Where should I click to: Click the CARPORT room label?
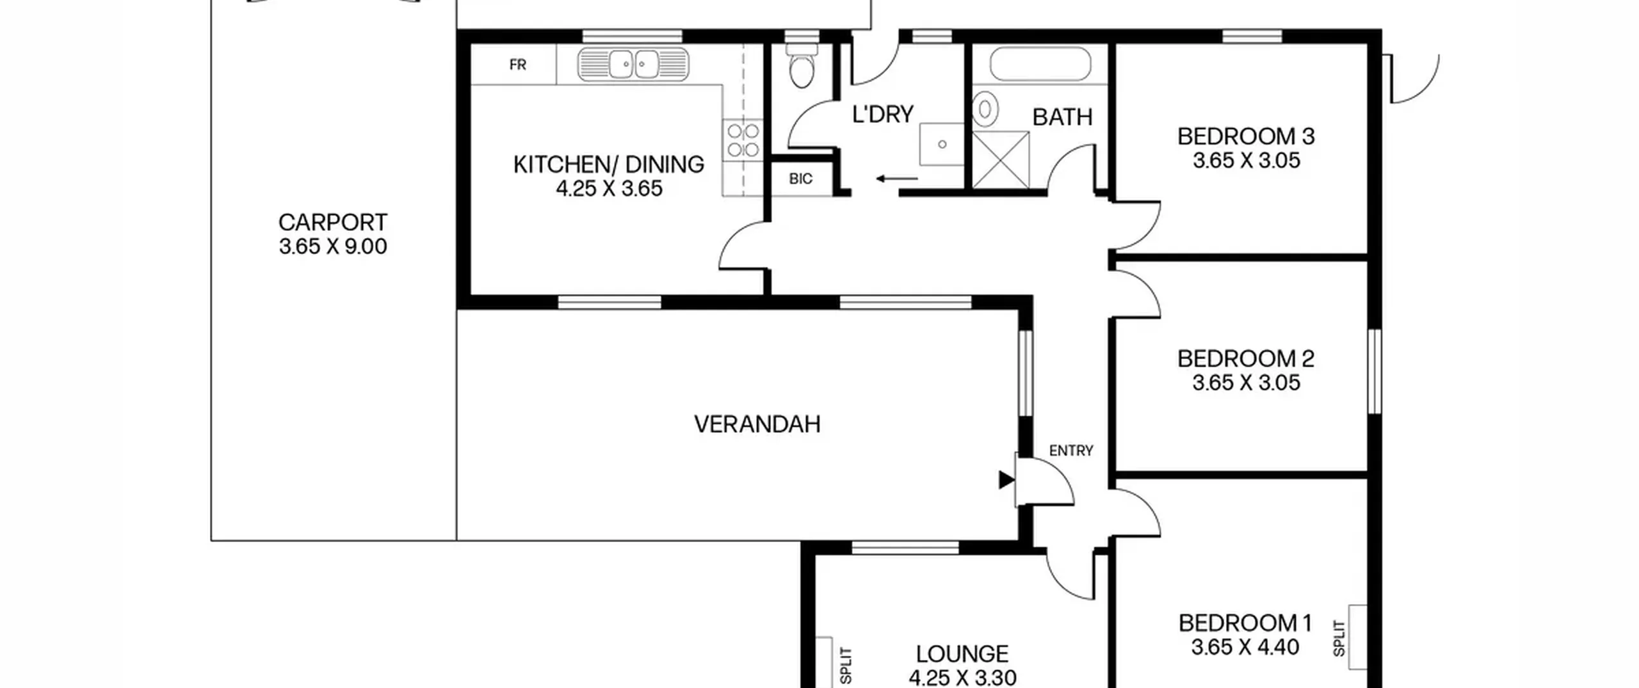pyautogui.click(x=332, y=223)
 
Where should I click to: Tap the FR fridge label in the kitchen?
pyautogui.click(x=517, y=65)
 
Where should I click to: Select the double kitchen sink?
pyautogui.click(x=633, y=65)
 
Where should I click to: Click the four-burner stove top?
pyautogui.click(x=743, y=140)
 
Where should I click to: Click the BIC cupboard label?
pyautogui.click(x=800, y=179)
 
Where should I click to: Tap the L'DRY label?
pyautogui.click(x=883, y=114)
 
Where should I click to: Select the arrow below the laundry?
pyautogui.click(x=896, y=179)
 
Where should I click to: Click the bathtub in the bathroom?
pyautogui.click(x=1040, y=64)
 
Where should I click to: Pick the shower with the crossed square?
pyautogui.click(x=1001, y=160)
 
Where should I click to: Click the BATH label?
pyautogui.click(x=1062, y=117)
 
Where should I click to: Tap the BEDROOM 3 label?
pyautogui.click(x=1246, y=136)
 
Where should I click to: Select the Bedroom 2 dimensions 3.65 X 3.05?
pyautogui.click(x=1246, y=383)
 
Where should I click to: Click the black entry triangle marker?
pyautogui.click(x=1006, y=479)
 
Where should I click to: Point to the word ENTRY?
pyautogui.click(x=1071, y=451)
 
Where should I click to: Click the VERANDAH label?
pyautogui.click(x=757, y=424)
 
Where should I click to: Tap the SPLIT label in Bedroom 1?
pyautogui.click(x=1339, y=638)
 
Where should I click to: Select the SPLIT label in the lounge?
pyautogui.click(x=846, y=666)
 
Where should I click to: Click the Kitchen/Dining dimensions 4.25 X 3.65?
pyautogui.click(x=609, y=189)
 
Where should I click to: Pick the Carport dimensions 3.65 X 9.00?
pyautogui.click(x=333, y=246)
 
